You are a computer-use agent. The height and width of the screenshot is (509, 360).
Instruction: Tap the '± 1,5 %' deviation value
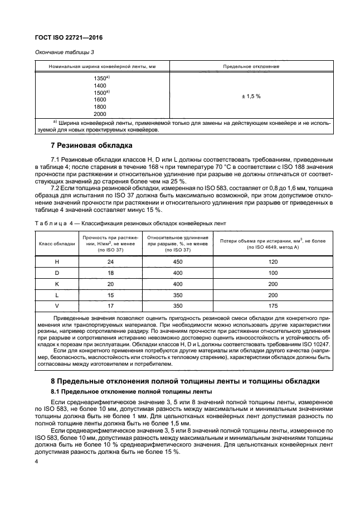[250, 96]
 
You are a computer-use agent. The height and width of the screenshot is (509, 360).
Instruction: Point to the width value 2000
[100, 114]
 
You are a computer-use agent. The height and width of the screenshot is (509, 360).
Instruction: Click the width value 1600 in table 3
[100, 99]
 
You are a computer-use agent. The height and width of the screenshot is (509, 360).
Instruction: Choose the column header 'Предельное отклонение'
[251, 66]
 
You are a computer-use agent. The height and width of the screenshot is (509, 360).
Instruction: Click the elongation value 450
[178, 261]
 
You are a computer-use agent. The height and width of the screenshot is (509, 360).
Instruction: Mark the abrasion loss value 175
[273, 306]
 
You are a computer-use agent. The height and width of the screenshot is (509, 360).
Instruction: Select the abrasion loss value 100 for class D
[273, 272]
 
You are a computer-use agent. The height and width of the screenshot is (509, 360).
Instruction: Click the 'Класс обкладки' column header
[56, 244]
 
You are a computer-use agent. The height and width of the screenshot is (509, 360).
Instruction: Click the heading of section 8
[185, 381]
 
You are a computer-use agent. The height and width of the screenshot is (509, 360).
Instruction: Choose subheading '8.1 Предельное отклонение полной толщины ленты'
[131, 391]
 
